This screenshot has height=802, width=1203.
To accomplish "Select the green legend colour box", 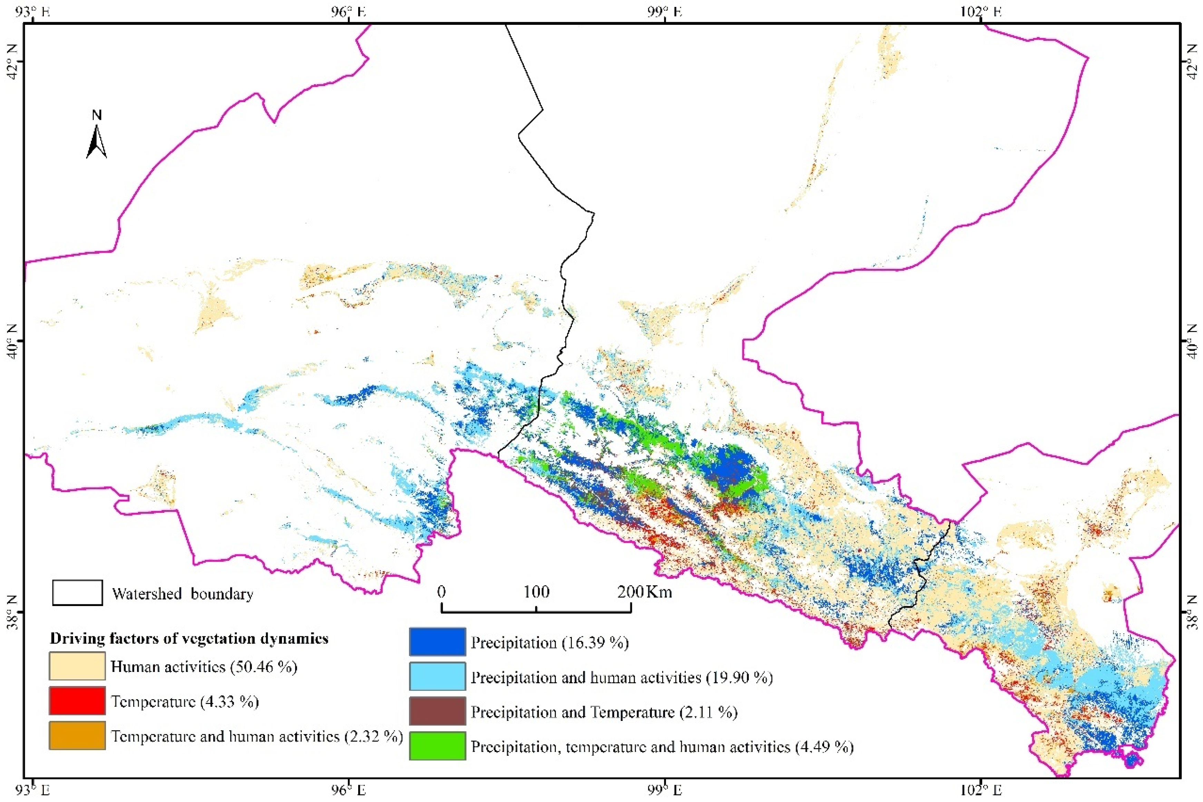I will click(437, 746).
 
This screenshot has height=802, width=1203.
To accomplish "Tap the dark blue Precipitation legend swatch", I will click(437, 642).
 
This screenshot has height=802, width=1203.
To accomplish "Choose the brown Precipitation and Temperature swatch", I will click(437, 711).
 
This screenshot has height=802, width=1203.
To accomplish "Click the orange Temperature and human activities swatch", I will click(77, 735).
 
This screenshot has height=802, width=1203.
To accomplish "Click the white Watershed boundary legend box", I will click(77, 593).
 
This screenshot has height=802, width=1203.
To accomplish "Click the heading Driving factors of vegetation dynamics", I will click(189, 639).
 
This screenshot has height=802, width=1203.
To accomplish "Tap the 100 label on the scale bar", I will click(536, 592).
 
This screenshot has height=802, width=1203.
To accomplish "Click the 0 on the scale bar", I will click(441, 592).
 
